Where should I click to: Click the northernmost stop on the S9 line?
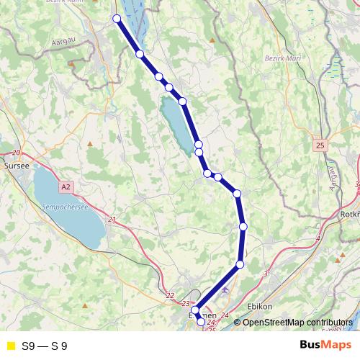pos(117,19)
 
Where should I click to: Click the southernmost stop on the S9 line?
pos(201,323)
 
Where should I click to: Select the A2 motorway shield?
pos(66,187)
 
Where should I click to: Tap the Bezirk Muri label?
pos(282,58)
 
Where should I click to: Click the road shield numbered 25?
pos(320,145)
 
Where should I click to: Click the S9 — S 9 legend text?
pos(45,346)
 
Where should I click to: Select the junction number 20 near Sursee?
pos(16,153)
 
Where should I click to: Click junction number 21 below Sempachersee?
pos(111,220)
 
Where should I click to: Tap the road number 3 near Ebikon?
pos(266,274)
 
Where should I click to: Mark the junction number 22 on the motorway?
pos(170,296)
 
